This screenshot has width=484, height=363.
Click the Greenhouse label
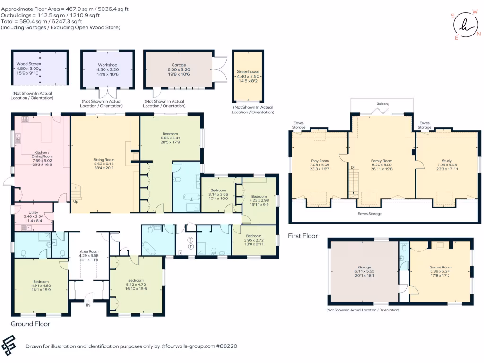(248, 72)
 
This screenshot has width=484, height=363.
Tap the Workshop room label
(108, 65)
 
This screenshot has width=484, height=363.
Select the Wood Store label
(27, 64)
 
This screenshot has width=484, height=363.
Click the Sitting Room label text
(104, 160)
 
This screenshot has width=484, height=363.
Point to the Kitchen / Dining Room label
(42, 155)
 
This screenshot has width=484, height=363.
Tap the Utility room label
(34, 212)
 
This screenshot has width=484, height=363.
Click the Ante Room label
(89, 251)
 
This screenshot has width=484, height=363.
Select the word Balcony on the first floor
(383, 104)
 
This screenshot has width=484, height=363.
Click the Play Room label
(320, 161)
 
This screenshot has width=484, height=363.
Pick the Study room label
(447, 161)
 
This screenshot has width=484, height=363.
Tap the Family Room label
(381, 161)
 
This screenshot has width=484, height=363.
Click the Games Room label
(440, 268)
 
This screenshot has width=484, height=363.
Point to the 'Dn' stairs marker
(353, 168)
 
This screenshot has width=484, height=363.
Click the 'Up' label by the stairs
(76, 202)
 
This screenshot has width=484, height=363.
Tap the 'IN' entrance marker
(88, 305)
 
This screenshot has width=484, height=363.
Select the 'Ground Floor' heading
(30, 324)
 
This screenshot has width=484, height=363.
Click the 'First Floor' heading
(303, 236)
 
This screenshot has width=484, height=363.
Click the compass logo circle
(466, 25)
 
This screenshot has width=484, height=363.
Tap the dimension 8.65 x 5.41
(170, 138)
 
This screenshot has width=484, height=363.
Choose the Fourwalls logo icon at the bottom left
(9, 346)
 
